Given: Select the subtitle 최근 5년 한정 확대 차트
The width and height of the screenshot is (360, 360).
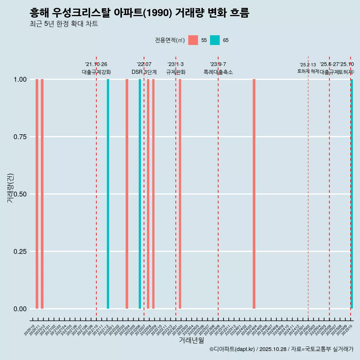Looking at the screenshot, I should coord(64,24).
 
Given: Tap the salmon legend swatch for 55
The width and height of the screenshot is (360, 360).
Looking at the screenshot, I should coord(193,40).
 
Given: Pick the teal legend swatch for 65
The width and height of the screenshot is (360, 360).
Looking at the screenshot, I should coord(215,40).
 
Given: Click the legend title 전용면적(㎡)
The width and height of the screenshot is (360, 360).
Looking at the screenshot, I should coord(169,40).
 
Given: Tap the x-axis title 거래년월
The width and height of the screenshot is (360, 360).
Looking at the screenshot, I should coord(191,340).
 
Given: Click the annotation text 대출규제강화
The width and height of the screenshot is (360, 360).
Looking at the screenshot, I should coord(96,72).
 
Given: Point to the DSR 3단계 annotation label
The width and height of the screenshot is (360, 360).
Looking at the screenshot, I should coord(144,72).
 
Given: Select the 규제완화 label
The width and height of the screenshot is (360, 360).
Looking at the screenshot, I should coord(176,72).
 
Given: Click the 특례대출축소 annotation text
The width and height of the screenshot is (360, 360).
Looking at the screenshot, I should coord(218,72).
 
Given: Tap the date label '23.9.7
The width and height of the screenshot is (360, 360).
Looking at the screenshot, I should coord(218,64).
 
